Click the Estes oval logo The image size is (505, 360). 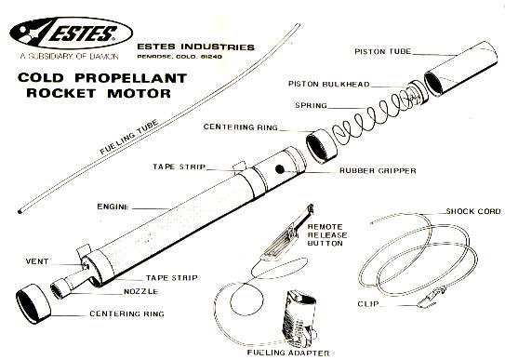(72, 33)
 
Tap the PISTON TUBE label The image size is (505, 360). (382, 51)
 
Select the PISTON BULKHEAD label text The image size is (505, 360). (329, 84)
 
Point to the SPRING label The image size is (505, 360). (312, 106)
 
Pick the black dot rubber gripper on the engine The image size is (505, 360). (280, 168)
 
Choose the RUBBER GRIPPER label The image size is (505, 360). (378, 170)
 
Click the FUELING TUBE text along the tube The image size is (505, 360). (129, 137)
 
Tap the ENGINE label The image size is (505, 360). (113, 207)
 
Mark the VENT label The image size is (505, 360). (37, 261)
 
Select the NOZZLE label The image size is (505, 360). (141, 291)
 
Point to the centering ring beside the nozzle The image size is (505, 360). (33, 303)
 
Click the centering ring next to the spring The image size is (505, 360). (321, 146)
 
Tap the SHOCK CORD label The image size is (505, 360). (473, 211)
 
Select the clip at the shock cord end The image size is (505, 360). (432, 298)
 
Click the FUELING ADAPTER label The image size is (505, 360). (288, 353)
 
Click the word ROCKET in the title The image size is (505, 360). (61, 93)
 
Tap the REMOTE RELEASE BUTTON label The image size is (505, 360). (327, 235)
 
